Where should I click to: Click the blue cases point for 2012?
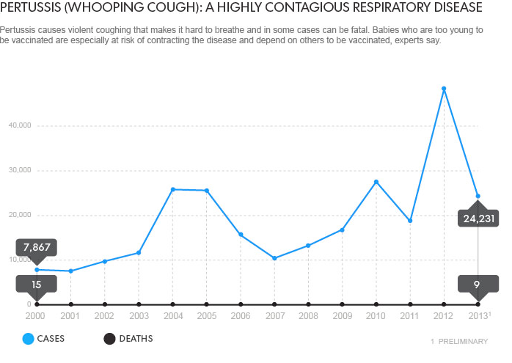coord(444,89)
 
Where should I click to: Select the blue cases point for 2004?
coord(172,189)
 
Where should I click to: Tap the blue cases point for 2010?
coord(376,182)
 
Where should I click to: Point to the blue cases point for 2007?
coord(274,258)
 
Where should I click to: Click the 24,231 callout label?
coord(478,218)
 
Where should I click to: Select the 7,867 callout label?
coord(37,247)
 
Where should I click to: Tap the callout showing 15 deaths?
coord(37,284)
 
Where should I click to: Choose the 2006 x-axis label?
coord(241,316)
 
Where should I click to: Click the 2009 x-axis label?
coord(343,316)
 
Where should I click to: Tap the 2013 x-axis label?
coord(478,316)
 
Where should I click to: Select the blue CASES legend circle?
coord(28,339)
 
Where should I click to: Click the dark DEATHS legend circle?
coord(109,339)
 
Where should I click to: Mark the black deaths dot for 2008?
coord(308,304)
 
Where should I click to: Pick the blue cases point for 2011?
coord(410,221)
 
